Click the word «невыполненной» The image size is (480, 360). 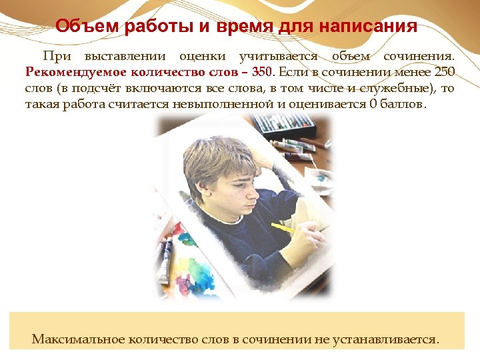(x=223, y=104)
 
